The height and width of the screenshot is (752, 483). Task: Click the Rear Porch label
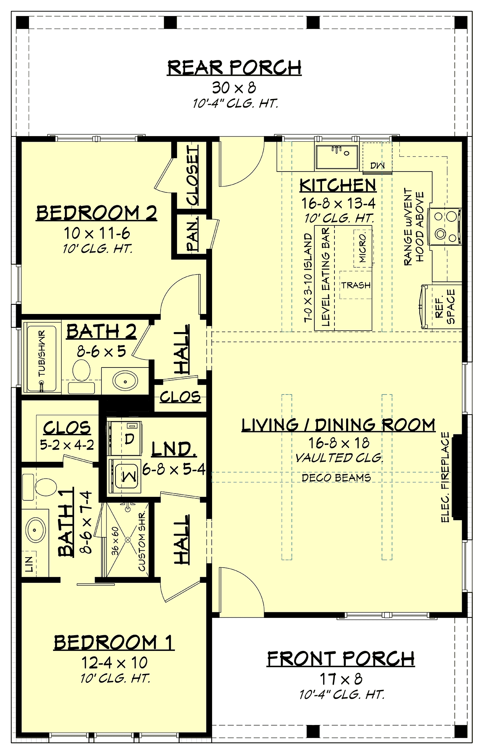(x=234, y=68)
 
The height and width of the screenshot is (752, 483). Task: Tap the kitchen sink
(x=336, y=157)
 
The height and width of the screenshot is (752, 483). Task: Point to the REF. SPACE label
(x=445, y=306)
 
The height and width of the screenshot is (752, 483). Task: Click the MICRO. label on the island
(x=363, y=248)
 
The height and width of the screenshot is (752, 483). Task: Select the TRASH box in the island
(x=356, y=285)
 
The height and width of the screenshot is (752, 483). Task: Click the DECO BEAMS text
(x=336, y=478)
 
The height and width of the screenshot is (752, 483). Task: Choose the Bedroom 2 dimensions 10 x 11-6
(x=97, y=233)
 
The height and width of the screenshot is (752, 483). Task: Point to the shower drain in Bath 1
(x=128, y=539)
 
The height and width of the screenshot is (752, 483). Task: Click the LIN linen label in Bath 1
(x=29, y=564)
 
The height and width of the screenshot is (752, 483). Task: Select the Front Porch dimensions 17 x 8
(x=341, y=679)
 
